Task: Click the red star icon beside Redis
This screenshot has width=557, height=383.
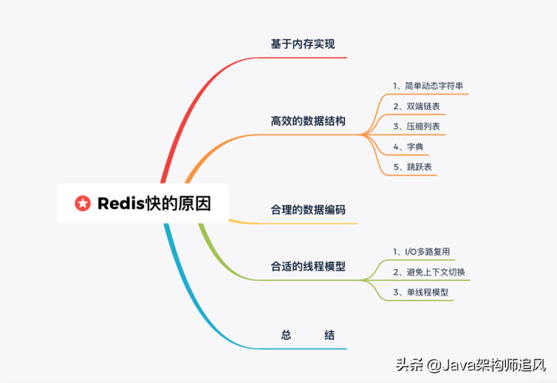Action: [82, 203]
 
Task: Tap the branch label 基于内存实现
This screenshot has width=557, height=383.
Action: [302, 44]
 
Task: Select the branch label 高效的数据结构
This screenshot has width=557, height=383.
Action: [308, 121]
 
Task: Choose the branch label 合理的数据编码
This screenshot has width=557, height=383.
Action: [308, 210]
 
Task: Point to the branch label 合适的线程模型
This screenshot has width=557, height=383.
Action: [308, 266]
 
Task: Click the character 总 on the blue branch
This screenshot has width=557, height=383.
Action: [286, 335]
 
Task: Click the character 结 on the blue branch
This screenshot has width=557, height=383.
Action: [330, 335]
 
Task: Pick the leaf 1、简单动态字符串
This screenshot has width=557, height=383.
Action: [428, 85]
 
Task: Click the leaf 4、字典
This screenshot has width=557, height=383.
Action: [408, 145]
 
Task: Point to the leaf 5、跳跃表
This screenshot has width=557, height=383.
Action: [412, 166]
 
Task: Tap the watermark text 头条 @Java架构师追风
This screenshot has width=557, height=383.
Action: [471, 364]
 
